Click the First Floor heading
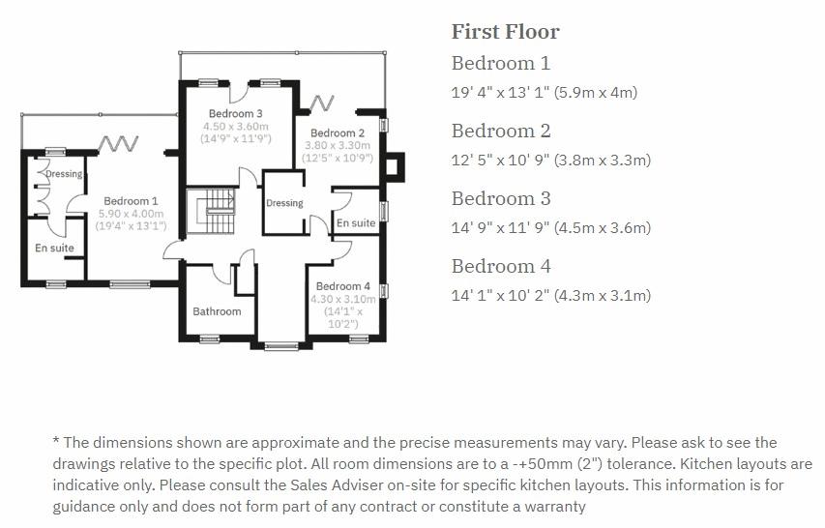tap(505, 32)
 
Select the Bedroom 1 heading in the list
tap(500, 64)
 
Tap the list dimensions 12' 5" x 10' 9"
tap(550, 161)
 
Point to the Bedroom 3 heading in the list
tap(500, 199)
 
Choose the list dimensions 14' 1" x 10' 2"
tap(550, 296)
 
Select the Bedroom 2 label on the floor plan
tap(338, 132)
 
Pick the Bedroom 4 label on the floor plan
tap(342, 286)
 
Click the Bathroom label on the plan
tap(217, 311)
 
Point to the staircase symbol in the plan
tap(211, 211)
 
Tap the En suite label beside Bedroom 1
tap(54, 249)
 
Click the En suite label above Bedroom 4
tap(356, 223)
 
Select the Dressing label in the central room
tap(284, 203)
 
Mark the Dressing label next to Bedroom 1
tap(65, 174)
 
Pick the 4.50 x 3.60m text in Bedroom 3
tap(236, 127)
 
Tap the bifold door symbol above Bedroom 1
tap(120, 144)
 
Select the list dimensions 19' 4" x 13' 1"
tap(544, 93)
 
